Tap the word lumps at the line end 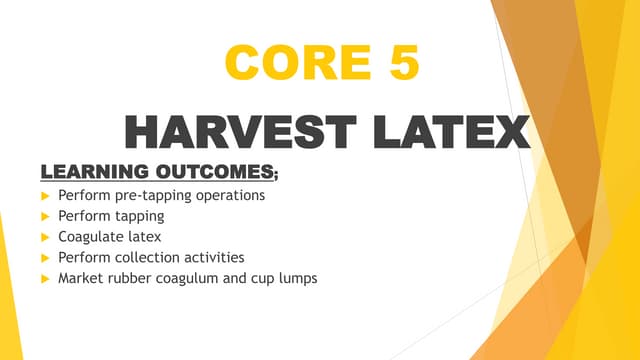coord(296,279)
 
